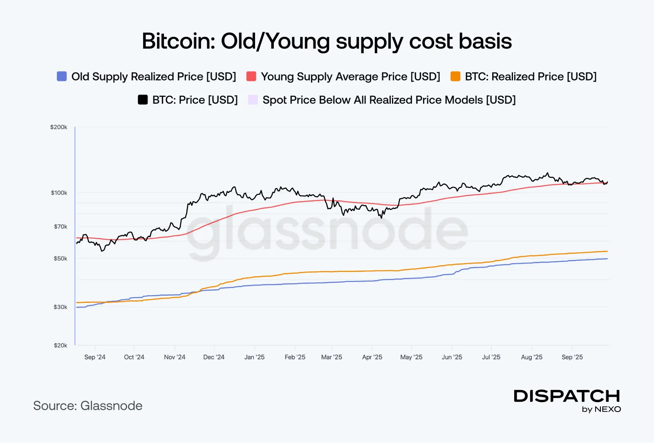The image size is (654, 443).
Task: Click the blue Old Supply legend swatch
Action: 62,76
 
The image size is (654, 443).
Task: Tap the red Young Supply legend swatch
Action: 251,76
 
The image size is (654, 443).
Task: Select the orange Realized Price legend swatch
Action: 455,76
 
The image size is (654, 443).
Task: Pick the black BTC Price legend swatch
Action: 143,100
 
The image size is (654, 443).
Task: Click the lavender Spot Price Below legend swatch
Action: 253,100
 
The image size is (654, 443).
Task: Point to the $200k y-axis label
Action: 58,127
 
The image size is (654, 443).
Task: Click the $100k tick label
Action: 59,192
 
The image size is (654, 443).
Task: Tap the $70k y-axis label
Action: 60,226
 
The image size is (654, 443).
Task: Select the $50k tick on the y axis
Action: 60,258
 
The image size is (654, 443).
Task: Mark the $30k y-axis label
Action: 60,307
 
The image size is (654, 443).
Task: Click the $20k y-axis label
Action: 60,345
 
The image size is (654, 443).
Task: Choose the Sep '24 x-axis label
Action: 95,357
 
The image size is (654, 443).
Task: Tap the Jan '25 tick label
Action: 254,357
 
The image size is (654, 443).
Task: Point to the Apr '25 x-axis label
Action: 372,357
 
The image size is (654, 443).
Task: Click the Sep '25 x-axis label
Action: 572,357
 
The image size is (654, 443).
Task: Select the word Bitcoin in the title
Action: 178,41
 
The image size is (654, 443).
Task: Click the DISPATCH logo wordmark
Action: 567,396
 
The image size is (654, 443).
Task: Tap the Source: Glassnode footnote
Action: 88,406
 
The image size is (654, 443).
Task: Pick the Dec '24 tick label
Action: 214,357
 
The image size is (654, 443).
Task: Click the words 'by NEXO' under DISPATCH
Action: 601,409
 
